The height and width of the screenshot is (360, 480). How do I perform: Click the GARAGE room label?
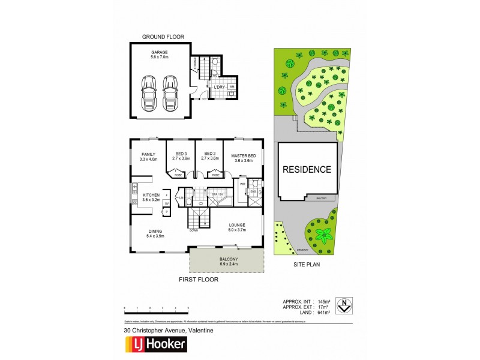[160, 52]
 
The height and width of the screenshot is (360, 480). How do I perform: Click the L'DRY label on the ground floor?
[220, 88]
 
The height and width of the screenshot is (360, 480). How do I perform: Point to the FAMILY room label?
[148, 154]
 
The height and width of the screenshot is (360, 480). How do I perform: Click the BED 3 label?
[181, 154]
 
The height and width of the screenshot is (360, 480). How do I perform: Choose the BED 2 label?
[209, 154]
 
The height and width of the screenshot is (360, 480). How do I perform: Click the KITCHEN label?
[150, 196]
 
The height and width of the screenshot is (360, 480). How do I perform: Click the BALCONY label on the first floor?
[226, 259]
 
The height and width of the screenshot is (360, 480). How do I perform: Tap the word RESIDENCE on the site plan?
[307, 169]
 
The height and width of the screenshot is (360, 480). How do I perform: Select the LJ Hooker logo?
[155, 344]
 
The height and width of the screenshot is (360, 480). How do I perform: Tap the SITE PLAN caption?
[307, 263]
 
